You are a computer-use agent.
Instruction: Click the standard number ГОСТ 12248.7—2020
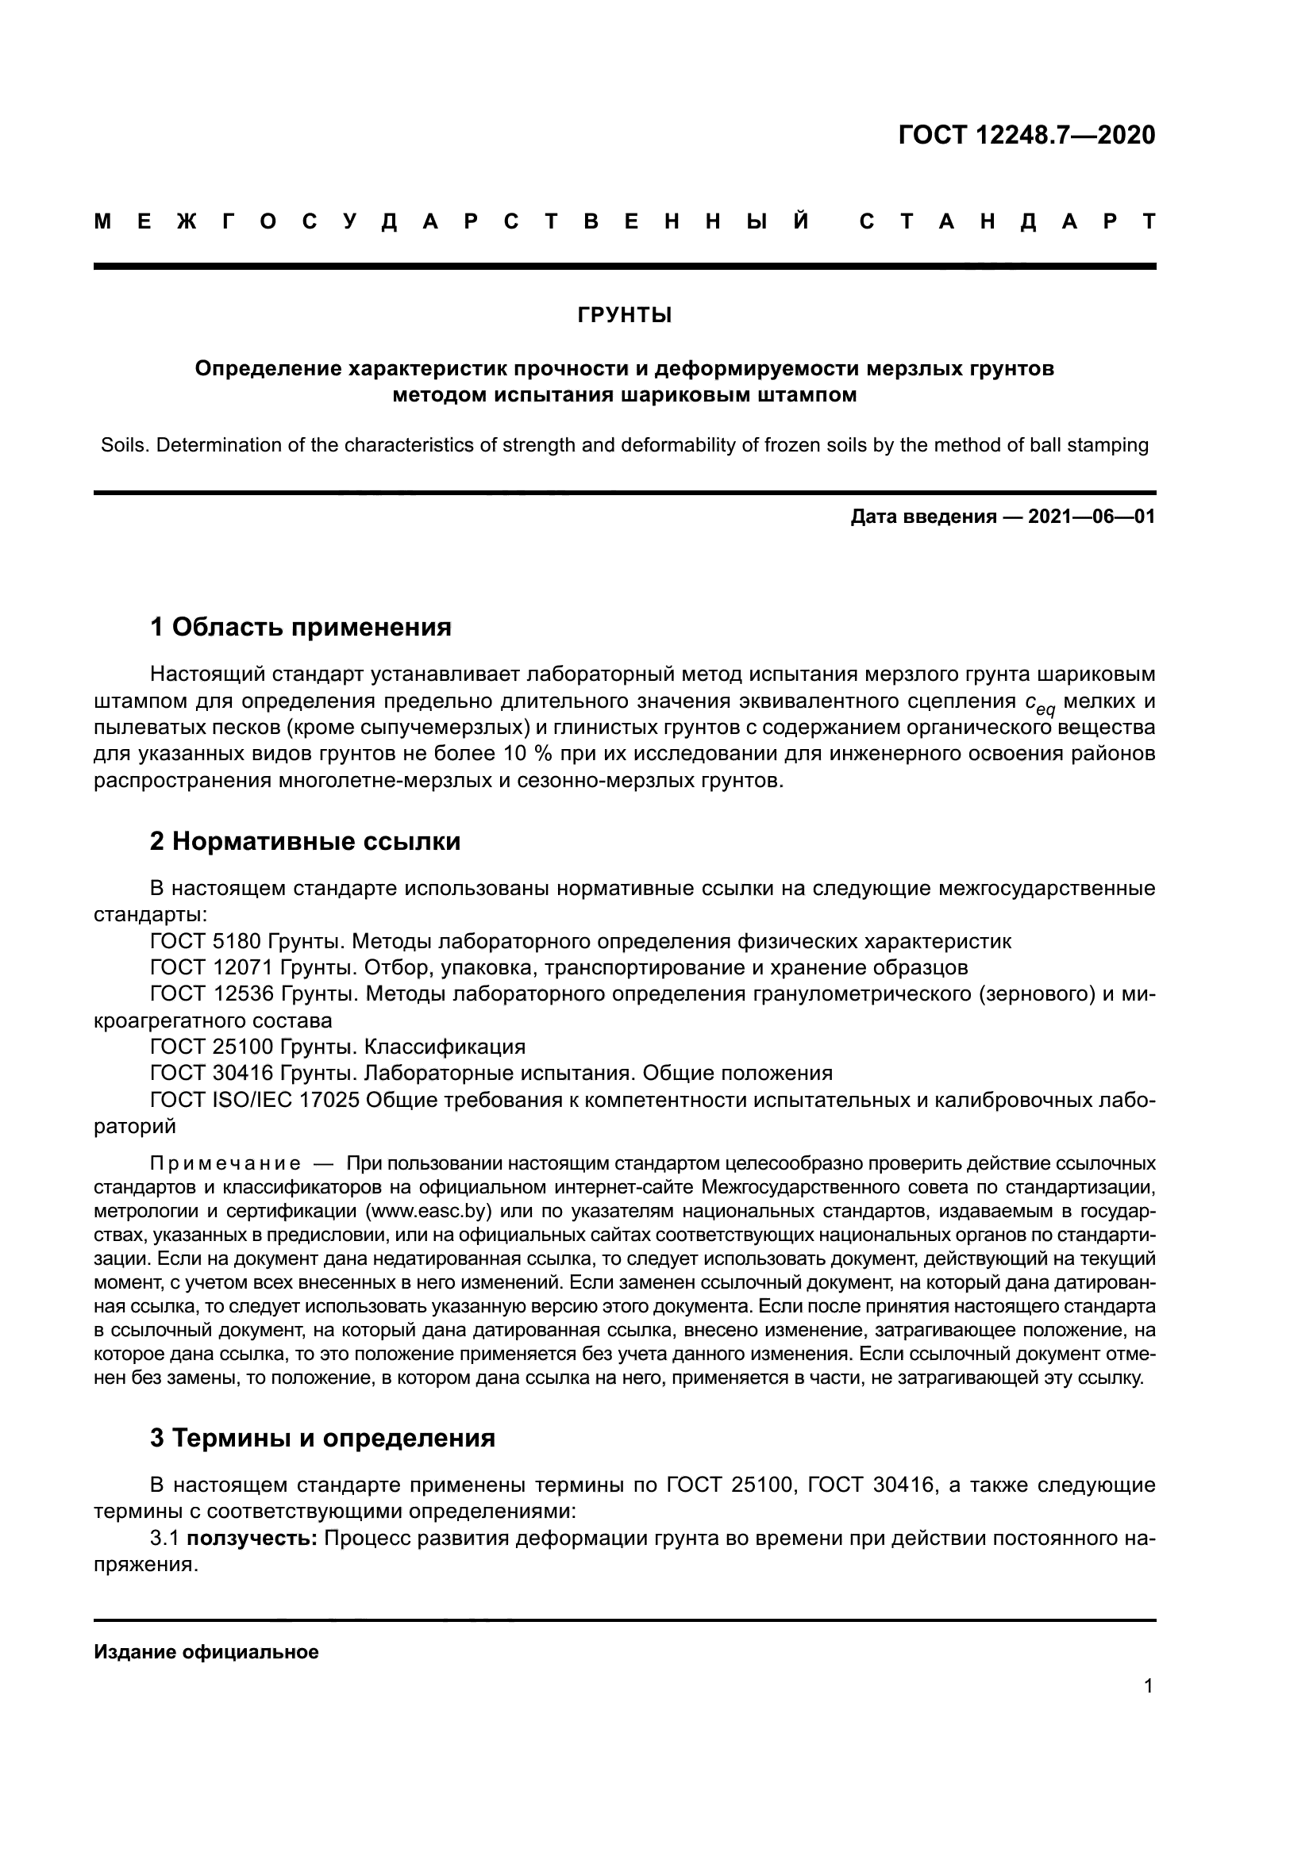(1026, 135)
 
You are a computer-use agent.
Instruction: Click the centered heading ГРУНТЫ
(624, 316)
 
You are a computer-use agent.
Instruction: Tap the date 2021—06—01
(1092, 517)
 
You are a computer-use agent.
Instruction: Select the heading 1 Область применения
(301, 627)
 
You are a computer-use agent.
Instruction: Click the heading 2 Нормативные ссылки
(305, 841)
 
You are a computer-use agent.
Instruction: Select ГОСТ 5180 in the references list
(206, 941)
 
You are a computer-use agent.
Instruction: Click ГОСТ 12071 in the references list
(212, 967)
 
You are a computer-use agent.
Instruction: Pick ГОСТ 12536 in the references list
(212, 993)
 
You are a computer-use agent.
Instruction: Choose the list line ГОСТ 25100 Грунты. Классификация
(337, 1047)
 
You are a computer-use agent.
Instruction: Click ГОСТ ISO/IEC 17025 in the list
(255, 1099)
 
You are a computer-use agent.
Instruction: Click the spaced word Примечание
(225, 1163)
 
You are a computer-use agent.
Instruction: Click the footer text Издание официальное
(206, 1651)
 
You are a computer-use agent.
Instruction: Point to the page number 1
(1148, 1685)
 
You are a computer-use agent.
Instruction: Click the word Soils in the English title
(124, 445)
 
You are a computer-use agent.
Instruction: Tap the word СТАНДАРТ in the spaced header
(1007, 221)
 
